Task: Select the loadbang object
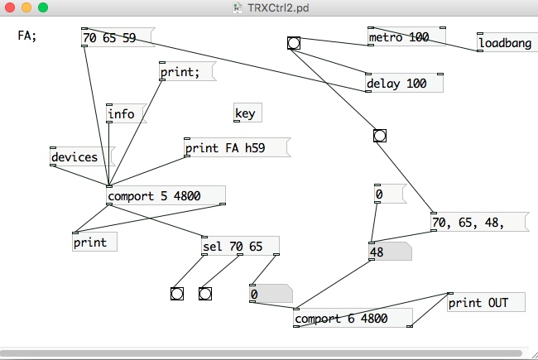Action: pos(505,43)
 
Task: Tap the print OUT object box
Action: pos(485,302)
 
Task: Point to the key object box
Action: pos(245,113)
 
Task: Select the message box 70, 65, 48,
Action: pos(477,222)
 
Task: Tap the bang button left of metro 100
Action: pos(293,43)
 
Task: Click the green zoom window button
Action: pos(43,7)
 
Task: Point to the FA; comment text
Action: pos(27,36)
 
